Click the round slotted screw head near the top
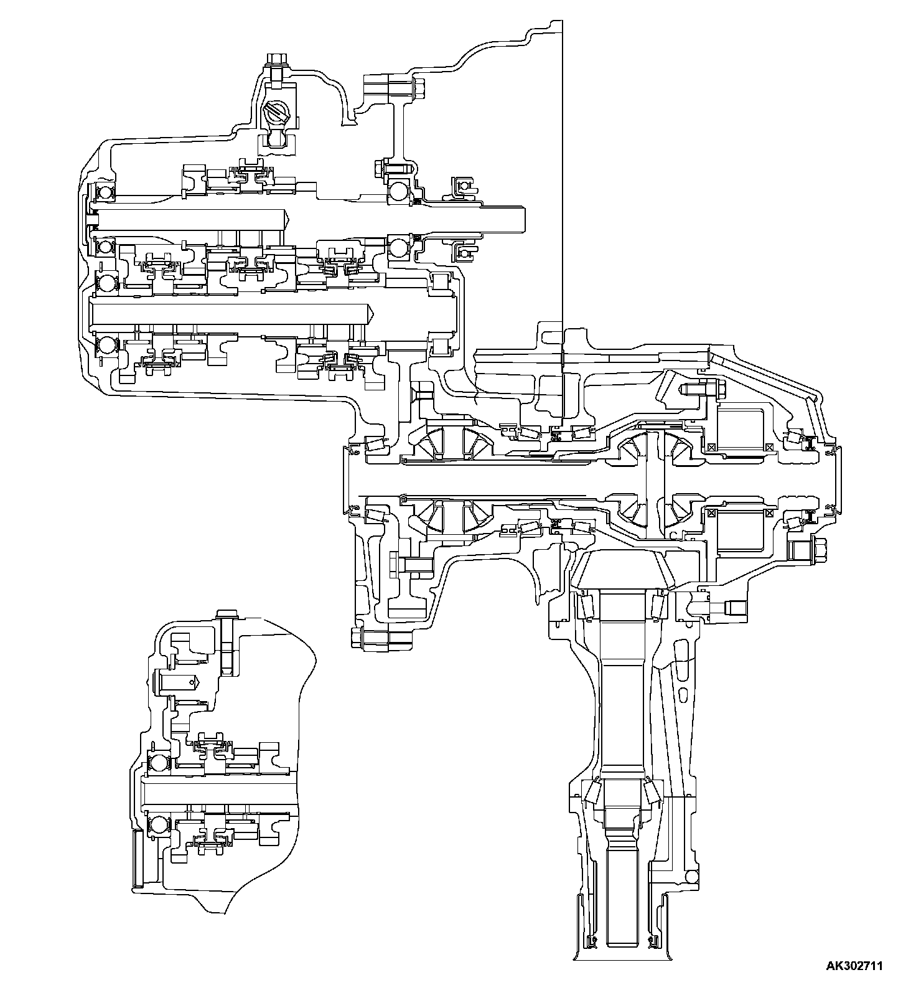coord(276,115)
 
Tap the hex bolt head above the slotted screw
coord(274,60)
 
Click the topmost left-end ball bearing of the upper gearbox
coord(104,192)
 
